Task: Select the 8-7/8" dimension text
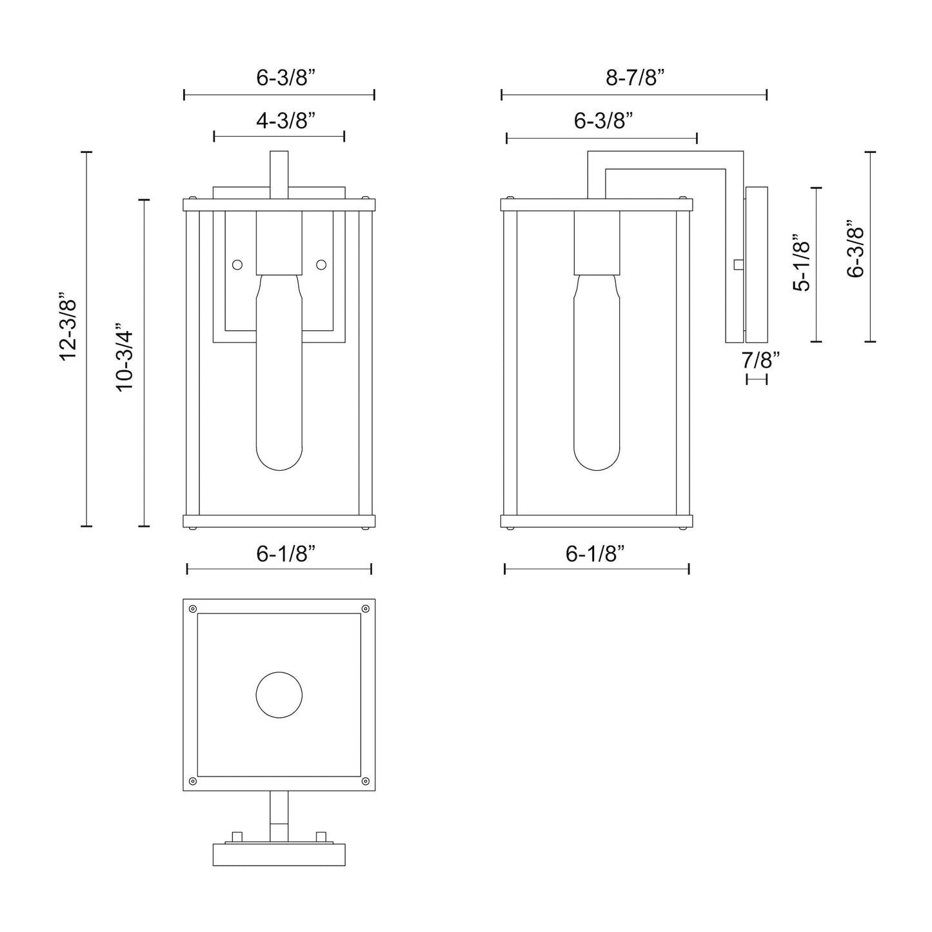click(635, 79)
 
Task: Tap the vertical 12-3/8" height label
click(68, 339)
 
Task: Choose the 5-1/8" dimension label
click(802, 263)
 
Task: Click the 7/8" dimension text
click(761, 360)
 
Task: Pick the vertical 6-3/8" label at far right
click(855, 252)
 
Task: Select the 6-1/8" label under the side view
click(595, 553)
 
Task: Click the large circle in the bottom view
click(279, 695)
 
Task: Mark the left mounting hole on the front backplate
click(237, 264)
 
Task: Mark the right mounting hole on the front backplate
click(321, 264)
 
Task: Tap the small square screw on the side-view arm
click(739, 264)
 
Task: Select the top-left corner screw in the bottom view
click(193, 608)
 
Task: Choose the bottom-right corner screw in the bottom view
click(366, 781)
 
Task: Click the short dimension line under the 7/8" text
click(757, 379)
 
